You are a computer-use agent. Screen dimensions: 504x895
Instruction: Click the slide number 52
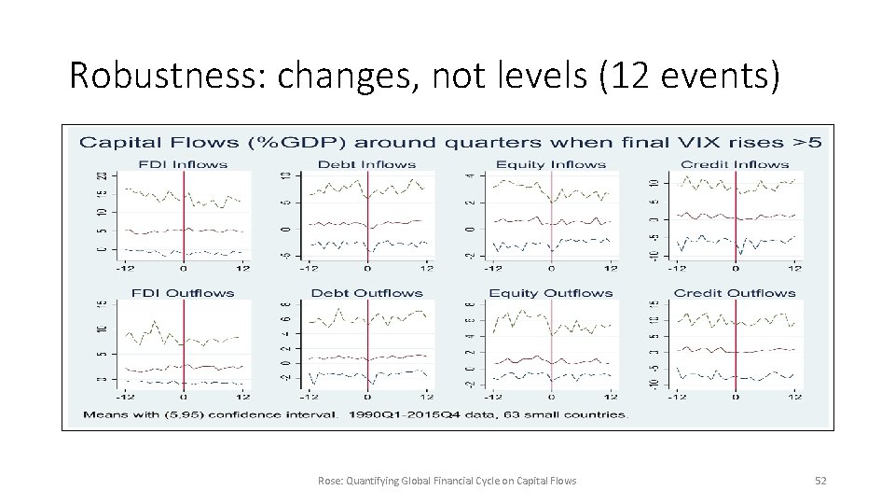[820, 481]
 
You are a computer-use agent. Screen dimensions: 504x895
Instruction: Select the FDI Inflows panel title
[183, 165]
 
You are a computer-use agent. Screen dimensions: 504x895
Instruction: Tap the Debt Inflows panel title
[367, 165]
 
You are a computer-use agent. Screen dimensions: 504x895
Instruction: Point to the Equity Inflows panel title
[551, 165]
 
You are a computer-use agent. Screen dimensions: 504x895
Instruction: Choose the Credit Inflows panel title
[735, 165]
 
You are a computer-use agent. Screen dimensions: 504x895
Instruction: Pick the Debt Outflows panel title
[367, 293]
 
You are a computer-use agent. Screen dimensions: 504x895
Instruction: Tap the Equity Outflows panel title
[551, 293]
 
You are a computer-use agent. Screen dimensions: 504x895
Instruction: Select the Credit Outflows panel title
[735, 293]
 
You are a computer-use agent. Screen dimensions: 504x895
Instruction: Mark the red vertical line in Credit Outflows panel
[736, 345]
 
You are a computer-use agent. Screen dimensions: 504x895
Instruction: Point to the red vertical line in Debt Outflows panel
[367, 345]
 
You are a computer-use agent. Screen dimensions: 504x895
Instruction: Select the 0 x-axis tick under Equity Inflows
[551, 270]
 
